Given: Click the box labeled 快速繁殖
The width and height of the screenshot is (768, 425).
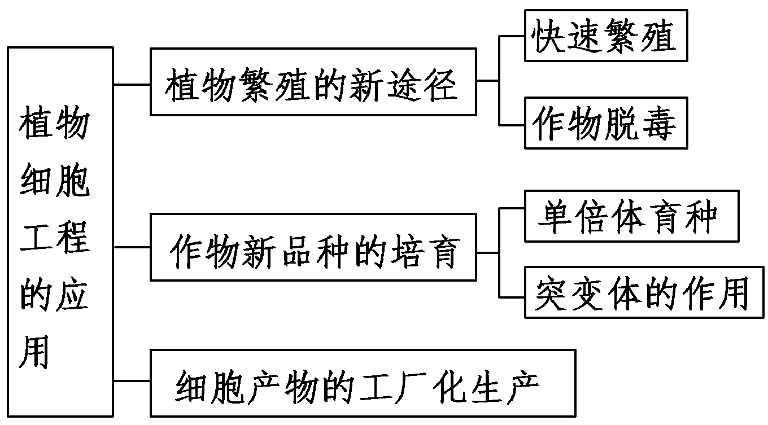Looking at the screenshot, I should tap(606, 36).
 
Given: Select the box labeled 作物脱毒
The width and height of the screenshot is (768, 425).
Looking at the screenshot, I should tap(606, 123).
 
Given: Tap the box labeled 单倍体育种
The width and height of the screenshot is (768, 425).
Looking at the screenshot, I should tap(631, 216).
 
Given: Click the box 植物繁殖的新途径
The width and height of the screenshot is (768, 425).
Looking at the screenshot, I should tap(313, 82).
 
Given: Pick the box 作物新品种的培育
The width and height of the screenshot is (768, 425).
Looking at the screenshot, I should tap(313, 247).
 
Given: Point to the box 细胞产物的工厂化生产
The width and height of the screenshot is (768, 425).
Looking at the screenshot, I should tap(363, 383).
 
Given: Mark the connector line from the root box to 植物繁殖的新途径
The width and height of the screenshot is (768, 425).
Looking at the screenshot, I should tap(132, 85).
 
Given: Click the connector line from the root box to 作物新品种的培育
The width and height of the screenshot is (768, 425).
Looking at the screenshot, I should tap(132, 247).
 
